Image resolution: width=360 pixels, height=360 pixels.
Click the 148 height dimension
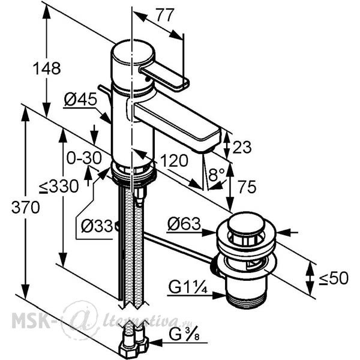click(47, 68)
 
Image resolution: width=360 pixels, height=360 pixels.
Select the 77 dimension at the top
click(164, 15)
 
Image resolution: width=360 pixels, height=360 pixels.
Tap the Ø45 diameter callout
click(80, 100)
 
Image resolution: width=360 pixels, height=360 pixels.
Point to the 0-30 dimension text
click(84, 158)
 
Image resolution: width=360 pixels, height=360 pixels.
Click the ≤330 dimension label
click(59, 186)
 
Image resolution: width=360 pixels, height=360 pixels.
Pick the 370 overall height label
click(25, 208)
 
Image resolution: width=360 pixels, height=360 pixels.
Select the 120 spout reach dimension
click(174, 160)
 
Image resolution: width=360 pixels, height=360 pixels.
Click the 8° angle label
click(217, 175)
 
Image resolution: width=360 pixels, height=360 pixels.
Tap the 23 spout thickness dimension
click(242, 147)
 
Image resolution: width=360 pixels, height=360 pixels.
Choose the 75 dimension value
click(247, 187)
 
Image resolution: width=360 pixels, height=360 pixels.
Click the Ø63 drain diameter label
click(184, 224)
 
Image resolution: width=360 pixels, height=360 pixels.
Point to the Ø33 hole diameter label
click(97, 226)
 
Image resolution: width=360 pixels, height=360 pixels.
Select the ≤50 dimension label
click(334, 278)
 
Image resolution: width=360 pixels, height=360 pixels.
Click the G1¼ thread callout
click(188, 287)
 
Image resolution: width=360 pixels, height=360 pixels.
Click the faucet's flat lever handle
click(164, 77)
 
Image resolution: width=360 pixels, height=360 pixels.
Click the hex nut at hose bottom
click(134, 347)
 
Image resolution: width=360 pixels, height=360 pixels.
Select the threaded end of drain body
click(246, 301)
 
